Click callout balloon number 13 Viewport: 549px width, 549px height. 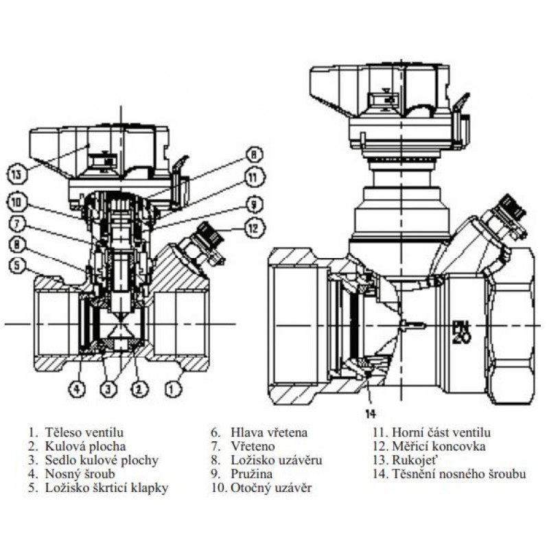[x=19, y=174]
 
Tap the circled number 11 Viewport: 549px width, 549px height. [x=253, y=177]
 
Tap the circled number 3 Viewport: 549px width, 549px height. [x=107, y=390]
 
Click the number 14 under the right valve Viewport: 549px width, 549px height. [x=371, y=414]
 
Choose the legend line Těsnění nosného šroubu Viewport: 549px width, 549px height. [x=458, y=474]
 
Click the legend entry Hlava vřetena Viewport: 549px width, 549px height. [x=269, y=433]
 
